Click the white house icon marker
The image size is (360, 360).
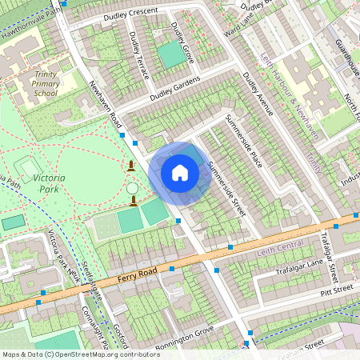tap(180, 172)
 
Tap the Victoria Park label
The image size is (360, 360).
tap(50, 183)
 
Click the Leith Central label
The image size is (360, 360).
tap(281, 252)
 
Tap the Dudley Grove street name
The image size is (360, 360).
tap(183, 42)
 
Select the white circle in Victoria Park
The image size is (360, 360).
tap(132, 188)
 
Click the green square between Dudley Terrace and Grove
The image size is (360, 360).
tap(169, 54)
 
